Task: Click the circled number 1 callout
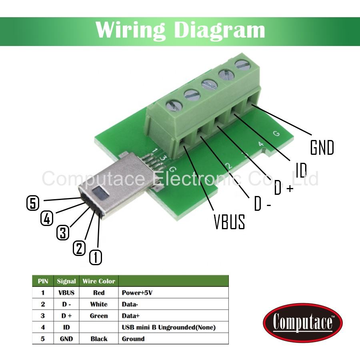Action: (95, 257)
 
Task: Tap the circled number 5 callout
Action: (33, 203)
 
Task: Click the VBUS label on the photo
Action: (229, 222)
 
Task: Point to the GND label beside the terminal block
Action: (322, 148)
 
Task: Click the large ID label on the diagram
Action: (301, 170)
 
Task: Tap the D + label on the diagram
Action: (284, 187)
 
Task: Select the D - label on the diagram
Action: (263, 204)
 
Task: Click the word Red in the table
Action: (98, 293)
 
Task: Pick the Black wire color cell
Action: (99, 339)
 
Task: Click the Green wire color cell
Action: (99, 316)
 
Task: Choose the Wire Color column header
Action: (99, 281)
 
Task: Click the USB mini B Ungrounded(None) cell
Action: (168, 328)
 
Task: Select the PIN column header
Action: (43, 281)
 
